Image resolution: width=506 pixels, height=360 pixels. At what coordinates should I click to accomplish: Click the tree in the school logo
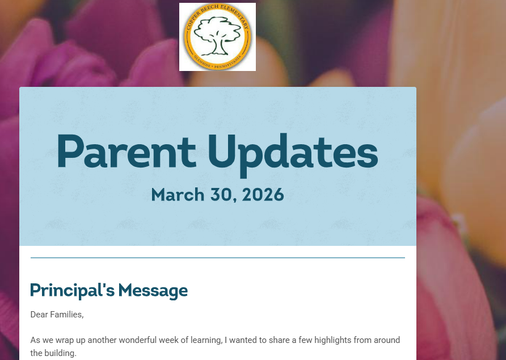click(x=217, y=35)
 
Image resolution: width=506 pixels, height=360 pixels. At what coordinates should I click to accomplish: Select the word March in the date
click(x=178, y=195)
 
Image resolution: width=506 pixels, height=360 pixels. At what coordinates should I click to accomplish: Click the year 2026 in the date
click(x=263, y=195)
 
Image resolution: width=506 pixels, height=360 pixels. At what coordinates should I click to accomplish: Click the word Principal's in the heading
click(x=72, y=291)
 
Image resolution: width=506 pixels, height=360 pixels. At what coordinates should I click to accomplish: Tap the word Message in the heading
click(x=153, y=291)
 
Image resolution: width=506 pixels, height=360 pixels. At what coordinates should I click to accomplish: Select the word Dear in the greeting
click(x=39, y=314)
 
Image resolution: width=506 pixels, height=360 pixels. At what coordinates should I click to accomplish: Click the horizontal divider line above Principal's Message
click(x=217, y=258)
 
